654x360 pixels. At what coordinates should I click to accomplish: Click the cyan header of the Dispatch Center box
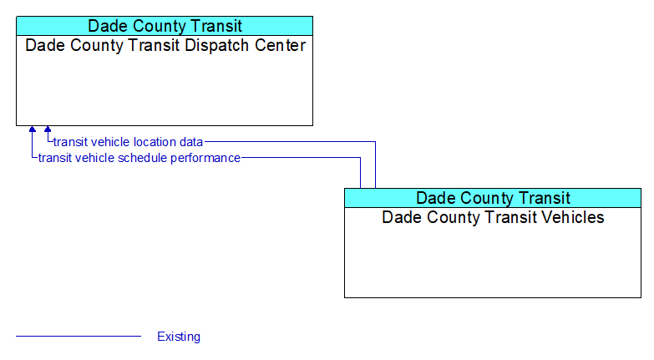click(165, 26)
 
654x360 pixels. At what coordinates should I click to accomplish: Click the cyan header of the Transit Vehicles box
click(493, 198)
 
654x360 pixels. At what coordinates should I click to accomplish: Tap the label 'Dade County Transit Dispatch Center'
click(165, 45)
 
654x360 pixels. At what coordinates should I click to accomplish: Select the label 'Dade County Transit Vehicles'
click(493, 217)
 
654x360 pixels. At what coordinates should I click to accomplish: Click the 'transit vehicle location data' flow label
click(128, 142)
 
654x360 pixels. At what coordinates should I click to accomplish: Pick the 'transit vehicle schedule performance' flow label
click(139, 158)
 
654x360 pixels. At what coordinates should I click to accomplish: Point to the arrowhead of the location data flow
click(48, 129)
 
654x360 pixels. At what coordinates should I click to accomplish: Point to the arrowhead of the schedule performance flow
click(32, 129)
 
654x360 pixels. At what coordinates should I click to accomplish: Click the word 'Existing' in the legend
click(179, 337)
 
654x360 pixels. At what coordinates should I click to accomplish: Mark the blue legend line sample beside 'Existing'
click(79, 336)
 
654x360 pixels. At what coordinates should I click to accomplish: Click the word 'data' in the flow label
click(191, 142)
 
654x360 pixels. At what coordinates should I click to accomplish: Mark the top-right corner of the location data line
click(375, 142)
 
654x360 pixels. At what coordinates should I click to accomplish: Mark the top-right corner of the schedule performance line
click(360, 158)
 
